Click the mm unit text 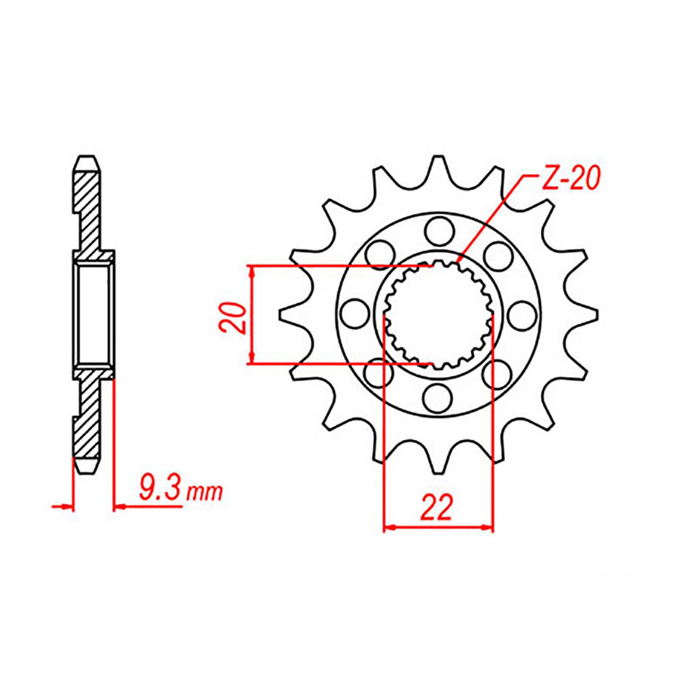[205, 493]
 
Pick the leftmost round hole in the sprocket [353, 314]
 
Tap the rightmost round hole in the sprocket [523, 314]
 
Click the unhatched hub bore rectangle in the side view [92, 314]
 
